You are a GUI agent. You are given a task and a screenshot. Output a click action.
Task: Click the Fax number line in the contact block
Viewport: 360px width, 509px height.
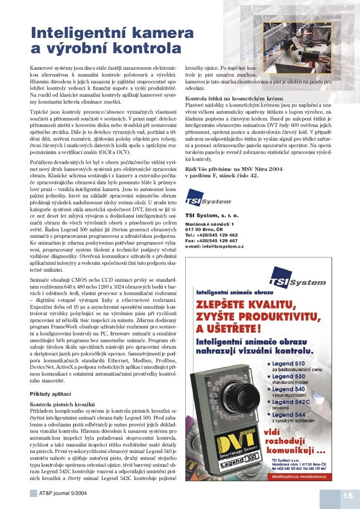pyautogui.click(x=211, y=241)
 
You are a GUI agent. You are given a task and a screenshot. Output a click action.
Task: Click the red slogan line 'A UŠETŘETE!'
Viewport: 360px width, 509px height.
pyautogui.click(x=225, y=329)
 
